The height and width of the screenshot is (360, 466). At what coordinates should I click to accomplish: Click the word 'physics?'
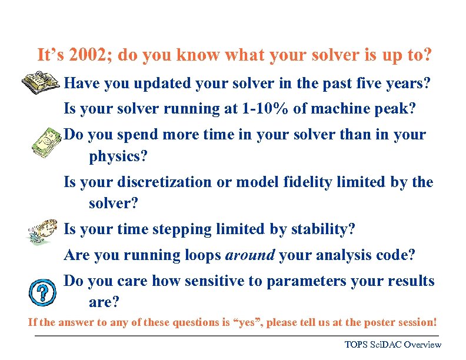(118, 157)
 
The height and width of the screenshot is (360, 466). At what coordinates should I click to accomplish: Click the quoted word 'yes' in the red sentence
(245, 322)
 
